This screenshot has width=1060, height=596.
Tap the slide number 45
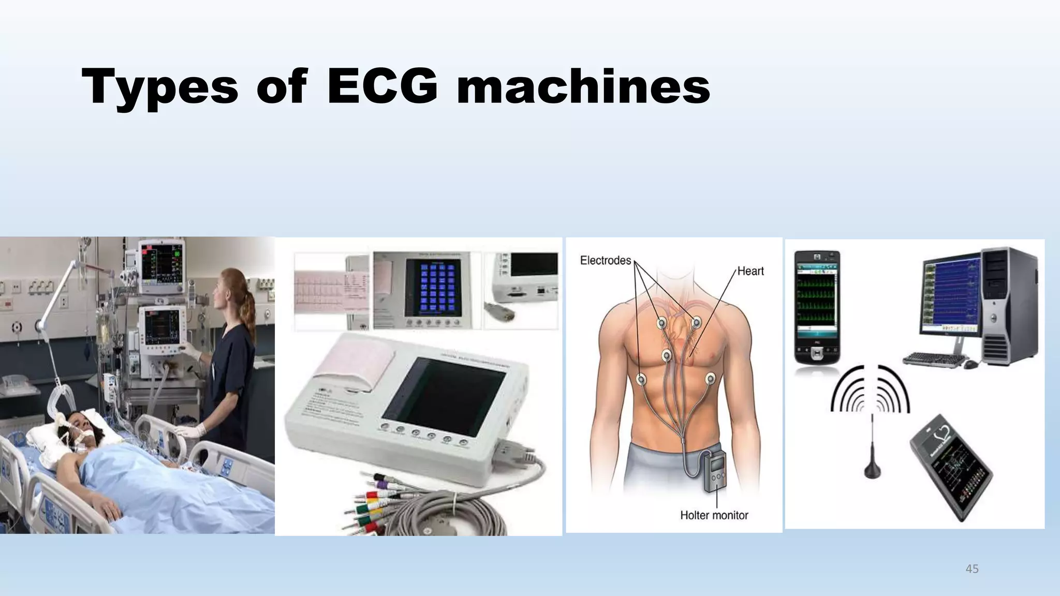pyautogui.click(x=972, y=569)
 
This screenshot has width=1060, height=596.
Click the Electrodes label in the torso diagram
pyautogui.click(x=605, y=260)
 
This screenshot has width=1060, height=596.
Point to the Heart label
pyautogui.click(x=750, y=271)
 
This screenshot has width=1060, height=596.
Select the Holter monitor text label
pyautogui.click(x=714, y=515)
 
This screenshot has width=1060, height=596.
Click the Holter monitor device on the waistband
pyautogui.click(x=714, y=471)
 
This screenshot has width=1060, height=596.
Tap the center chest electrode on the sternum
pyautogui.click(x=667, y=355)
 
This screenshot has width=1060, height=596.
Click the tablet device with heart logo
pyautogui.click(x=951, y=466)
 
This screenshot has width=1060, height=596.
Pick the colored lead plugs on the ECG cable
pyautogui.click(x=370, y=504)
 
